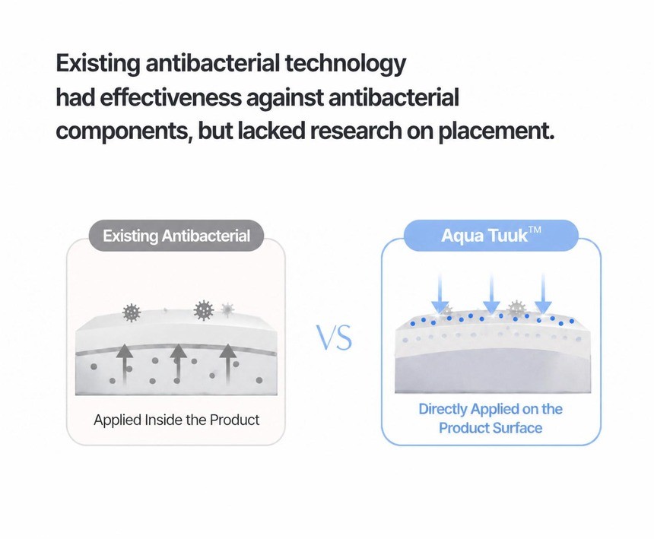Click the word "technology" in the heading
pyautogui.click(x=345, y=65)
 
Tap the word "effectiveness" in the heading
pyautogui.click(x=170, y=97)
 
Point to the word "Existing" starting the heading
pyautogui.click(x=98, y=64)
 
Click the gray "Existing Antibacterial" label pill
pyautogui.click(x=176, y=236)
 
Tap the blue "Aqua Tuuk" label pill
pyautogui.click(x=491, y=236)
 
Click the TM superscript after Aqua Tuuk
pyautogui.click(x=535, y=230)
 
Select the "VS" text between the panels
pyautogui.click(x=334, y=338)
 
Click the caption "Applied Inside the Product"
pyautogui.click(x=176, y=420)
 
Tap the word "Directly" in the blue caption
pyautogui.click(x=443, y=409)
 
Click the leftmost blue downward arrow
pyautogui.click(x=440, y=293)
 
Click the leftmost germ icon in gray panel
pyautogui.click(x=132, y=312)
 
